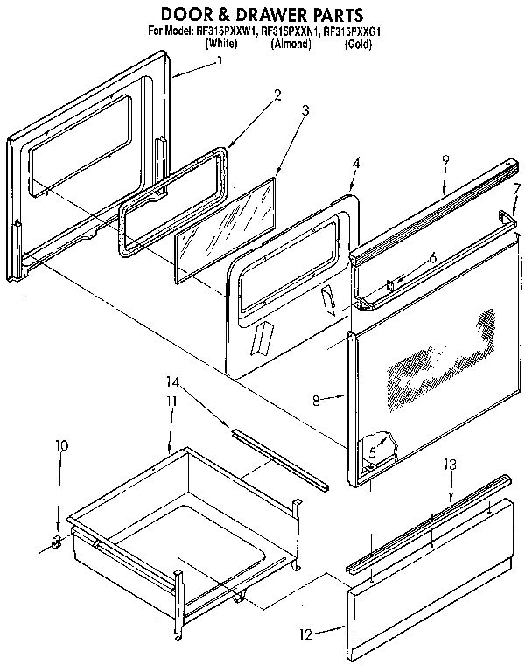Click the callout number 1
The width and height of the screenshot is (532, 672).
click(219, 62)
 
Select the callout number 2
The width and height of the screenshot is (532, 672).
click(277, 94)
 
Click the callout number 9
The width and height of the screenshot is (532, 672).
click(445, 160)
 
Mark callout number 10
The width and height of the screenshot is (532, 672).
click(60, 446)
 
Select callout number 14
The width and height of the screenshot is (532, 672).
click(172, 381)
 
